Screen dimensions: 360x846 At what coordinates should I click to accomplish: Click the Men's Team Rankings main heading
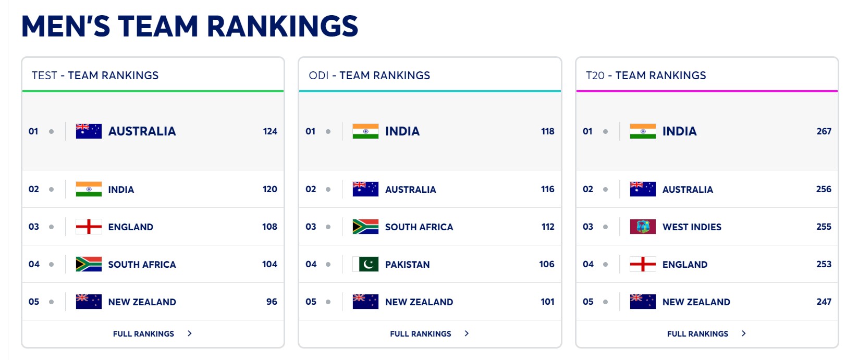click(x=190, y=27)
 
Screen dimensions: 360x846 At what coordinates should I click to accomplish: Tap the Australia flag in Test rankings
click(x=89, y=131)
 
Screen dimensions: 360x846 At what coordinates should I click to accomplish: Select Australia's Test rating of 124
click(x=270, y=131)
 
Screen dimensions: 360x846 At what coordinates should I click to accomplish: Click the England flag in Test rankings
click(x=89, y=227)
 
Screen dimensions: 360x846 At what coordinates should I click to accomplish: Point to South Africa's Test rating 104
click(x=269, y=264)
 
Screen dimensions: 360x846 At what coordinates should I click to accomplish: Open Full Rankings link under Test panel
click(x=144, y=334)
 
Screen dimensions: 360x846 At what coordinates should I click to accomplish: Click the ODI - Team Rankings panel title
click(x=369, y=76)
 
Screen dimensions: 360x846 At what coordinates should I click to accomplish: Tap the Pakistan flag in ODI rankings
click(x=365, y=264)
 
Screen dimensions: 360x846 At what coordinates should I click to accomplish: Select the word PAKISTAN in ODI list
click(x=407, y=265)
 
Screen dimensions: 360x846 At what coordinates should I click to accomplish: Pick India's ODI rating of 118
click(x=547, y=131)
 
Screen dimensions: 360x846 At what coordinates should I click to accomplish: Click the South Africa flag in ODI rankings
click(x=365, y=227)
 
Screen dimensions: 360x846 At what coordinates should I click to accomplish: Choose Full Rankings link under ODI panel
click(x=421, y=334)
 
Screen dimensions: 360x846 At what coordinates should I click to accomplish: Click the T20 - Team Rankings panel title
click(x=646, y=76)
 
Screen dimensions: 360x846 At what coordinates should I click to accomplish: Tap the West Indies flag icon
click(x=643, y=227)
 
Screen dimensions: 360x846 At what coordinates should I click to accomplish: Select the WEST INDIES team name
click(x=692, y=227)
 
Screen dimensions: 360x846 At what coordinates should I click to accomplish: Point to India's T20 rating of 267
click(x=824, y=131)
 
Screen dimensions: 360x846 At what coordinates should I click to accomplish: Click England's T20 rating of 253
click(x=824, y=264)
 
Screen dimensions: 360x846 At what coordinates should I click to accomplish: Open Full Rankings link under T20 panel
click(x=697, y=334)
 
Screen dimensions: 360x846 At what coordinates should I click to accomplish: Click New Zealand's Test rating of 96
click(x=272, y=302)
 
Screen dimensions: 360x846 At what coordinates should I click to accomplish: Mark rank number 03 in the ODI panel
click(x=311, y=227)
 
